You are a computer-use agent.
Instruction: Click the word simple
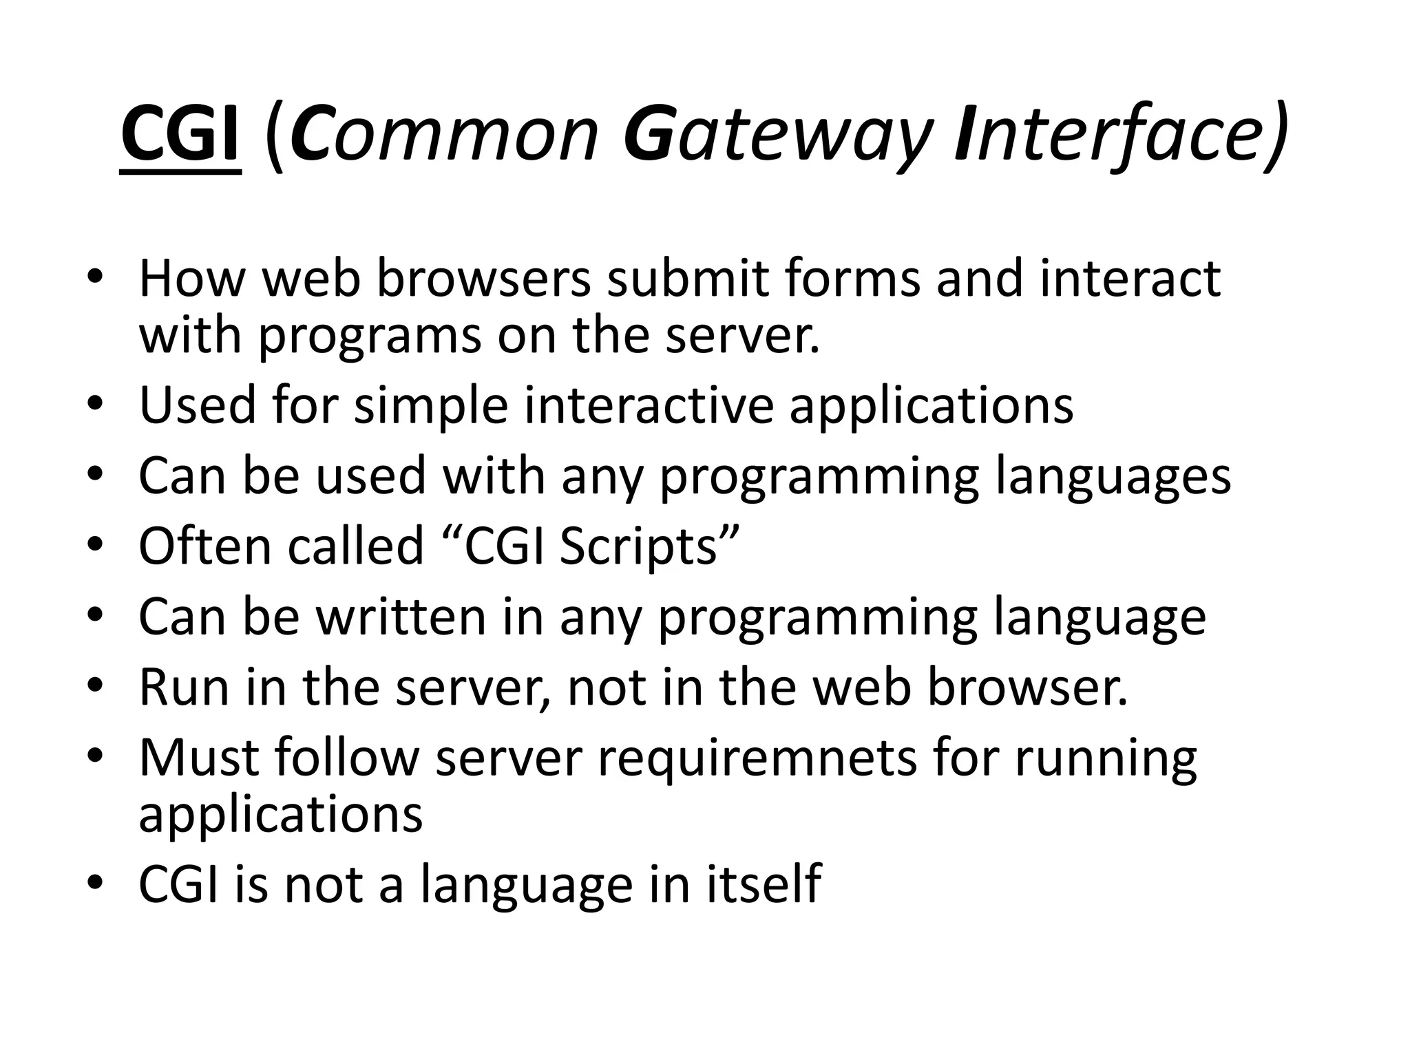431,406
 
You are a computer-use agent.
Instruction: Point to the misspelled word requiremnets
757,759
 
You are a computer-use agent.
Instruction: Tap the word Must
199,758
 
